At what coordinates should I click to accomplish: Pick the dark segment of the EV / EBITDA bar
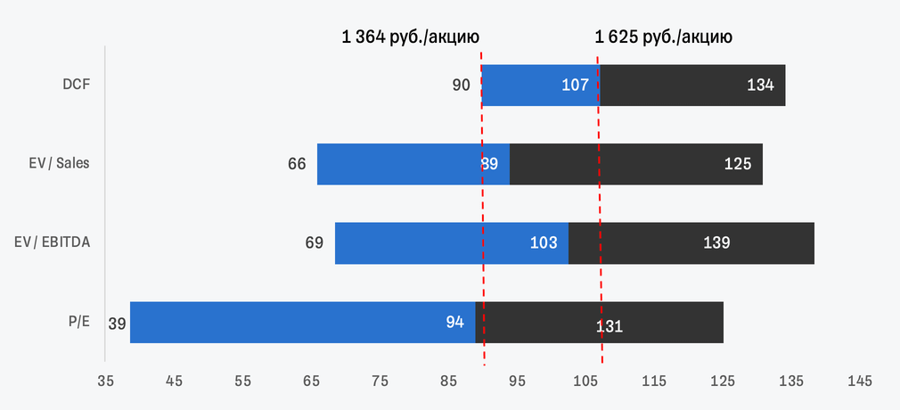point(691,242)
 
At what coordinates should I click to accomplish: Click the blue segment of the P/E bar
point(303,322)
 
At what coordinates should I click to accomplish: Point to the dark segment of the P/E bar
point(605,322)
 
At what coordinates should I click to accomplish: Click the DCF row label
point(77,86)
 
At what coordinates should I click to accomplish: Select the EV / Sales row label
point(59,164)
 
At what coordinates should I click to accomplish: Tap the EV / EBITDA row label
point(53,242)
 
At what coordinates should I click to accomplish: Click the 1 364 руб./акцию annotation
point(411,37)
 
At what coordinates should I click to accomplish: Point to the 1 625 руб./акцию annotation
point(664,37)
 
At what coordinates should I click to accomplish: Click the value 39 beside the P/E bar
point(117,324)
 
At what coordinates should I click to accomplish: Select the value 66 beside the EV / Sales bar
point(297,165)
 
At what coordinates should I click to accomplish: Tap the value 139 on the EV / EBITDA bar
point(716,242)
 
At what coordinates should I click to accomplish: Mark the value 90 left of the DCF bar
point(462,86)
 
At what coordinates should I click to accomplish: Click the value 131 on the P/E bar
point(609,326)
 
